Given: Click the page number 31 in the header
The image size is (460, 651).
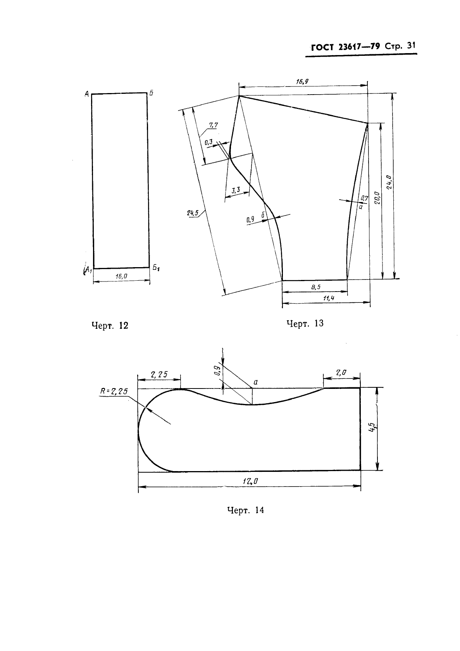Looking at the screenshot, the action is click(x=411, y=46).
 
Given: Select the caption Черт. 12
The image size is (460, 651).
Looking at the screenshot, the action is click(x=110, y=326).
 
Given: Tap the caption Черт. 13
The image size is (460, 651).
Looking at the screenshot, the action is click(x=305, y=323).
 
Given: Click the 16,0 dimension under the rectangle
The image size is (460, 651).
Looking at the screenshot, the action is click(x=121, y=276).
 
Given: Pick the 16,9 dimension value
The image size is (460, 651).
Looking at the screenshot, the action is click(x=302, y=82).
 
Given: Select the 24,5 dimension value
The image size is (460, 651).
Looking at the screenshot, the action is click(x=193, y=213).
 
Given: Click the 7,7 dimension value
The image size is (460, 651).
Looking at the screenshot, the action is click(x=214, y=125).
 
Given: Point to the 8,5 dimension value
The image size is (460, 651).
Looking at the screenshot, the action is click(x=316, y=287).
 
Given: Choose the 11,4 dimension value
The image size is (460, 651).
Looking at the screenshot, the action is click(x=329, y=298).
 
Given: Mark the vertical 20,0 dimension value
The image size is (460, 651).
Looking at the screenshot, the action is click(x=377, y=198).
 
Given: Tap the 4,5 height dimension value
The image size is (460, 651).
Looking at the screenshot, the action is click(x=372, y=427).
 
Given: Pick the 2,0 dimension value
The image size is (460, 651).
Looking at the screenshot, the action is click(x=341, y=372).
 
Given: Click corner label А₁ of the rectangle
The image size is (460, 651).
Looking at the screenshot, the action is click(x=88, y=270).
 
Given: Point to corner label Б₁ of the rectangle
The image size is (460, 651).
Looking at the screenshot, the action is click(x=156, y=268).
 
